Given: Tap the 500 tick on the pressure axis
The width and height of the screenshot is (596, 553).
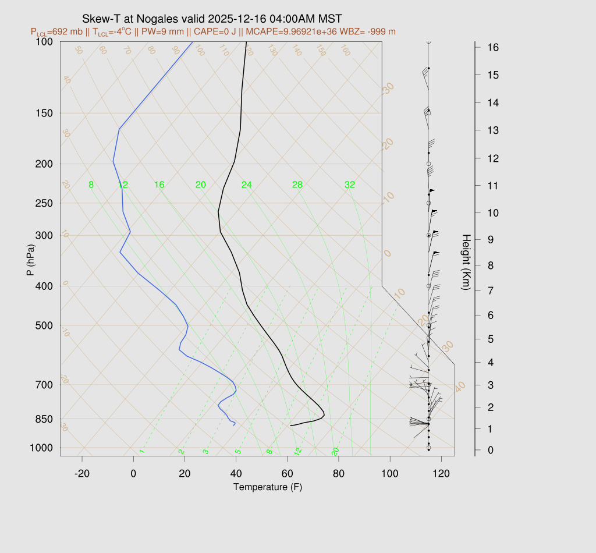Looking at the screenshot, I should tap(44, 325).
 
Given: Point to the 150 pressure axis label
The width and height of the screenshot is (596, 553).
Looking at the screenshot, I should tap(44, 113).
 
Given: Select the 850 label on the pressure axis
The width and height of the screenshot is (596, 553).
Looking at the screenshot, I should tap(44, 419).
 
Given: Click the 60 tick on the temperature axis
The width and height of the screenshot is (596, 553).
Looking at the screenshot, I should tap(288, 474).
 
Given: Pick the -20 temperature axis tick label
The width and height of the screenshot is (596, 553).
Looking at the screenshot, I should tap(82, 474).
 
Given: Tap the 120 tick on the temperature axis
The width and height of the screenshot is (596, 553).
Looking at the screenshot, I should tap(441, 474).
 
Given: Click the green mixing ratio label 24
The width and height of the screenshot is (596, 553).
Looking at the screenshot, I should tap(247, 185).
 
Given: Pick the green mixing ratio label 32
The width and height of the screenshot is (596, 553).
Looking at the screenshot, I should tap(350, 185).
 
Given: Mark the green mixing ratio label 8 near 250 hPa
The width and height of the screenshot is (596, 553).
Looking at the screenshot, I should tap(91, 185).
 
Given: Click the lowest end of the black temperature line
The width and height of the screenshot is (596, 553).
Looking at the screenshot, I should tap(290, 426).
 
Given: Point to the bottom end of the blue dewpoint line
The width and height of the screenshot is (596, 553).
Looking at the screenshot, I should tap(234, 425).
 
